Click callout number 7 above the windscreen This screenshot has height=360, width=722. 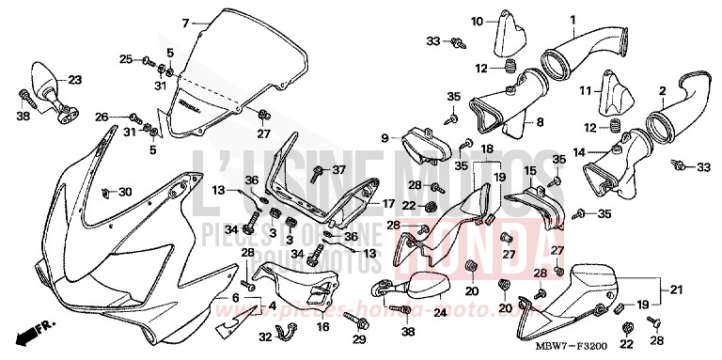tap(185, 22)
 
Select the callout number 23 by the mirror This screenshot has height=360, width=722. tap(75, 80)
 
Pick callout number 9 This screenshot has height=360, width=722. tap(385, 138)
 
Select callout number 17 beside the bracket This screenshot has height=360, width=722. tap(387, 203)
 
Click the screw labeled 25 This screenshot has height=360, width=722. tap(149, 61)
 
